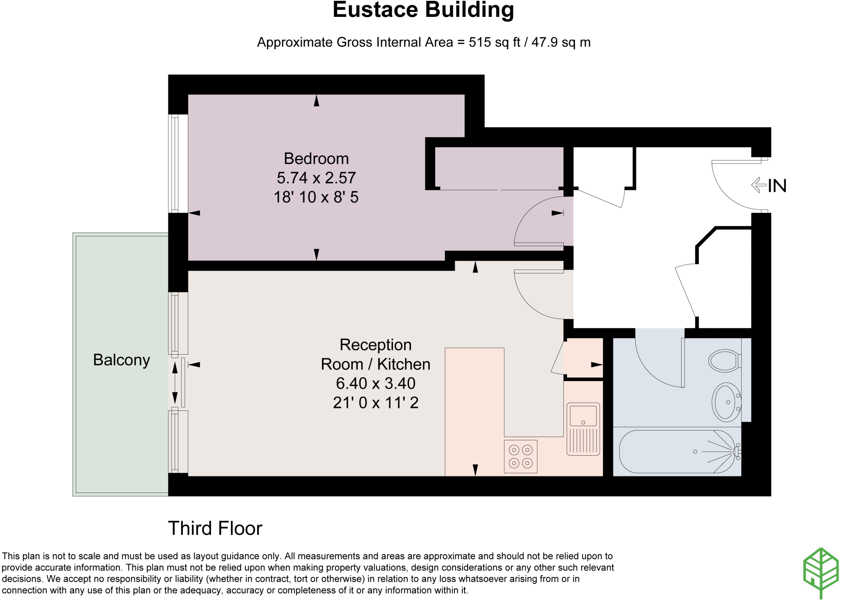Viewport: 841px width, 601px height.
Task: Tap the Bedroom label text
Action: click(x=316, y=158)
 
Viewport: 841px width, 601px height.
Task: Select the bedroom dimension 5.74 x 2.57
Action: click(x=316, y=178)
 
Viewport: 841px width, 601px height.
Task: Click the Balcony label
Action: click(x=122, y=360)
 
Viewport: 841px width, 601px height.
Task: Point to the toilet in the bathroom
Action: click(x=725, y=361)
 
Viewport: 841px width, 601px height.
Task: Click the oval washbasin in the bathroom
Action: click(x=726, y=402)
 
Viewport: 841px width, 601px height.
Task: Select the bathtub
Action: click(x=678, y=452)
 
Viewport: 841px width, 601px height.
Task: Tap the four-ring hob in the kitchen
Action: click(x=520, y=456)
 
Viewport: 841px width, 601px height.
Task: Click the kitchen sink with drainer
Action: click(x=583, y=429)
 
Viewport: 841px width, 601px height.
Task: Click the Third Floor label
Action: click(x=215, y=528)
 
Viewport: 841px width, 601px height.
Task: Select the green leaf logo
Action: click(x=820, y=573)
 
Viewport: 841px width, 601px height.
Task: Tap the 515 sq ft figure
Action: click(x=495, y=42)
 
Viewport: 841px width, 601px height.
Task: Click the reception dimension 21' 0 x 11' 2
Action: click(x=376, y=403)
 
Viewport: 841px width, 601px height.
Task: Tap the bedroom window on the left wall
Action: click(x=175, y=163)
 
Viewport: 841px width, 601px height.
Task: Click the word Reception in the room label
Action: click(x=375, y=345)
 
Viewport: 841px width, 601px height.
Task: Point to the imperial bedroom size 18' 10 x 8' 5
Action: click(x=316, y=197)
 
